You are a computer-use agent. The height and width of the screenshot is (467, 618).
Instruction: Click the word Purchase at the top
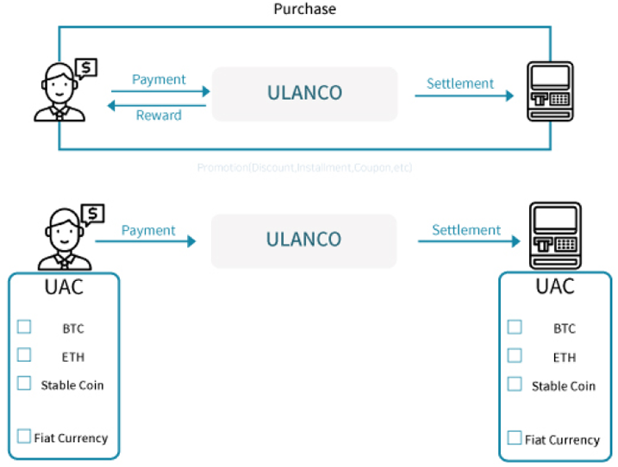coord(304,9)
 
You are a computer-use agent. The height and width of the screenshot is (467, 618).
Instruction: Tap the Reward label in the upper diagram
coord(159,115)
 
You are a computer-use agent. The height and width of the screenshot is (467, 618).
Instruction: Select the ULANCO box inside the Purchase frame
coord(304,93)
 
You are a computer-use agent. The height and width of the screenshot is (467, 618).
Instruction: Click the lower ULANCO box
coord(303,240)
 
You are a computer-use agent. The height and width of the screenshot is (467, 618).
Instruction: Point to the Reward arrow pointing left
coord(156,105)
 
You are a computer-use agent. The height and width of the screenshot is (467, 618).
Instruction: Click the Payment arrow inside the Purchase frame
coord(160,90)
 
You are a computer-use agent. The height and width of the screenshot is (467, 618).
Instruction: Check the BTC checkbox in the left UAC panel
coord(24,327)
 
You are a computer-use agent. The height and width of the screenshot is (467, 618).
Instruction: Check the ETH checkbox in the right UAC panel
coord(515,355)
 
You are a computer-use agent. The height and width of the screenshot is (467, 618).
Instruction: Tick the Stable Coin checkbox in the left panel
coord(24,383)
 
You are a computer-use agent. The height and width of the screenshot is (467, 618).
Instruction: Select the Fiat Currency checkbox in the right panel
coord(515,437)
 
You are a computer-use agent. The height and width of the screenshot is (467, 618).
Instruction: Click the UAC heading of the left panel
coord(64,286)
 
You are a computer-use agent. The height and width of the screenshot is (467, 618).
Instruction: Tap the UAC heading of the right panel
coord(554,286)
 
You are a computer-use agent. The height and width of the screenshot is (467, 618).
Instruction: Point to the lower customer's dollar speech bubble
coord(92,213)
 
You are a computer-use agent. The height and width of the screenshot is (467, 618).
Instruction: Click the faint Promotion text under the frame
coord(304,167)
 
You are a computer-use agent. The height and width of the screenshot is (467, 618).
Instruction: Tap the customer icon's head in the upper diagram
coord(54,80)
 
